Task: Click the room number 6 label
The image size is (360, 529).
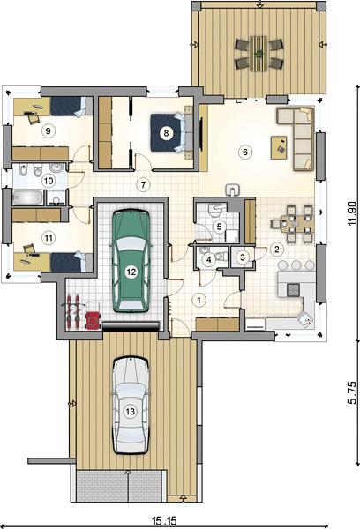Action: [245, 153]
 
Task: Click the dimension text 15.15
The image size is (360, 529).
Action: [164, 520]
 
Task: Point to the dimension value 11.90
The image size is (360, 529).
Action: [351, 214]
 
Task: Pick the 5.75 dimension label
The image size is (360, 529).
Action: [351, 392]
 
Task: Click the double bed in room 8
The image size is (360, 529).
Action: [171, 132]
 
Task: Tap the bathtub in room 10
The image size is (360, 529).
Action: [28, 197]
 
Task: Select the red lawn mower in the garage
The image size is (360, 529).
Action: [93, 319]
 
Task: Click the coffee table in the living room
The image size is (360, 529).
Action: [279, 147]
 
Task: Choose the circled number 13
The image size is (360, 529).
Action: [130, 411]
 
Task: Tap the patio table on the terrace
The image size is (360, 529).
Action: [259, 54]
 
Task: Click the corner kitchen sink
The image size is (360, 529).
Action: [306, 319]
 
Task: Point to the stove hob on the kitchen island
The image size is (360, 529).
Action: [293, 290]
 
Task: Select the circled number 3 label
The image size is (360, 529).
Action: [243, 257]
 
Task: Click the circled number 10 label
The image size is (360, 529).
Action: [49, 181]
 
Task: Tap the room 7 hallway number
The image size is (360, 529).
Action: [144, 185]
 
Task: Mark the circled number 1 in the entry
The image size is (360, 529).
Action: [199, 300]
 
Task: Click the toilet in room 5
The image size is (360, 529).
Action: [215, 209]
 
